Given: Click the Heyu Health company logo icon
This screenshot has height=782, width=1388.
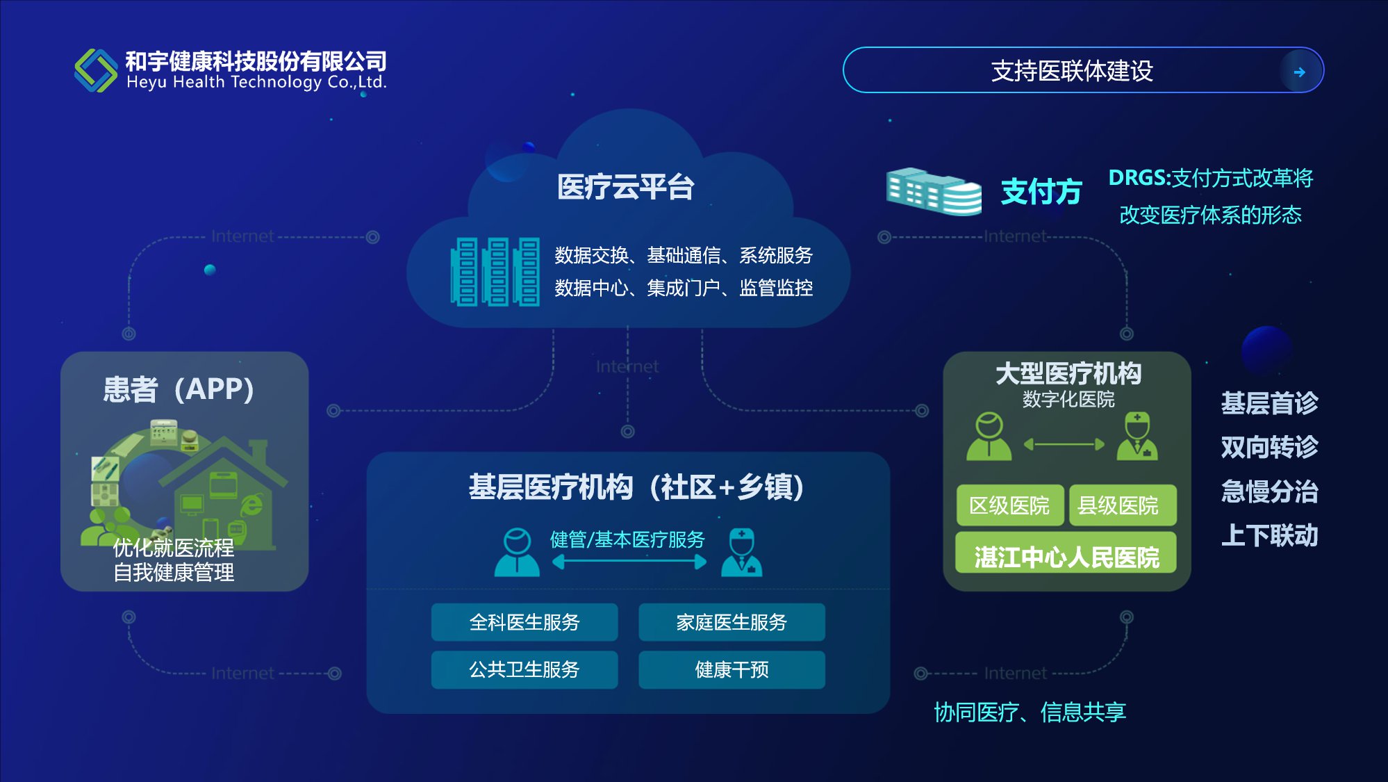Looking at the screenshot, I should (96, 70).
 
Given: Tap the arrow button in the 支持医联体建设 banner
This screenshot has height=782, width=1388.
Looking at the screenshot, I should (1299, 72).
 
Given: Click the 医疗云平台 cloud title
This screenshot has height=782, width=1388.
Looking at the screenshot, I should (625, 187).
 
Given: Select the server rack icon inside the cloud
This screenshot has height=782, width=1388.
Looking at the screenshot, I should (495, 272).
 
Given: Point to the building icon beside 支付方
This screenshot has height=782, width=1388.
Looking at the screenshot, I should (934, 191).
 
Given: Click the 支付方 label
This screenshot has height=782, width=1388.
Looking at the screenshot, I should (1041, 192).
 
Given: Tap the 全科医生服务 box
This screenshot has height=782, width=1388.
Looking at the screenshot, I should (524, 622).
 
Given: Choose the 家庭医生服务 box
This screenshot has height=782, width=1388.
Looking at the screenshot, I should (732, 622).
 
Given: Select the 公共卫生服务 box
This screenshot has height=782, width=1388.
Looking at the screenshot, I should (524, 669).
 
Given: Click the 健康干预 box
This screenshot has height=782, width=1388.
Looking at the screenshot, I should (732, 669).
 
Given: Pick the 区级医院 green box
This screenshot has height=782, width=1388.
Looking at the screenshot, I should (1009, 505).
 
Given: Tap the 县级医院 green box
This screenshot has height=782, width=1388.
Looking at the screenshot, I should (1118, 505).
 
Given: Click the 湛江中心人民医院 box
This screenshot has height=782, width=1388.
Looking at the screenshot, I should (1066, 556).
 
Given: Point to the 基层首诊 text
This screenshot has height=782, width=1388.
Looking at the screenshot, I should (1269, 403).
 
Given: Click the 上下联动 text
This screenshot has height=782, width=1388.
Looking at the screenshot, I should (1269, 535).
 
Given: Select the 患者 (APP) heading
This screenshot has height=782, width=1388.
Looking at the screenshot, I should (179, 389).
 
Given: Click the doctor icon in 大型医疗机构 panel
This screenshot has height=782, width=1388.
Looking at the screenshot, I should (1137, 437).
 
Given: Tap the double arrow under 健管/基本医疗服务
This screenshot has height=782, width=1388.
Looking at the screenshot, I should (629, 562).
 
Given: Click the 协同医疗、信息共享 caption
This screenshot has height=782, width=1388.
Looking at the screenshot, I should (1030, 712).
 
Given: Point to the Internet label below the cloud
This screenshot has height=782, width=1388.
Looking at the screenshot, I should (627, 366).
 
